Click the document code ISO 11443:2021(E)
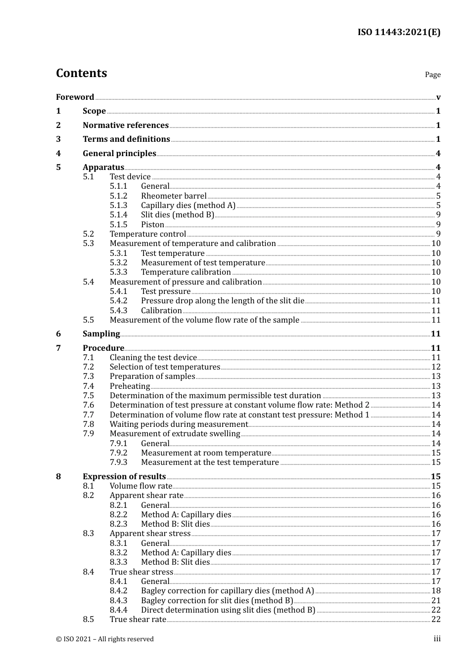399,33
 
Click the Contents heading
81,73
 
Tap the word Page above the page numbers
432,75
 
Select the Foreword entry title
75,97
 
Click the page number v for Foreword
438,97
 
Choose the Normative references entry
126,125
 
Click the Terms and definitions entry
126,139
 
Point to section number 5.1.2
118,196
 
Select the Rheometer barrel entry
174,196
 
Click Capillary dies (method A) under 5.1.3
188,206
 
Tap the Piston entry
152,225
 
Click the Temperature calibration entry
186,272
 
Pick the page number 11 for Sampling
435,334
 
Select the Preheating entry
130,386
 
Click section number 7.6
88,405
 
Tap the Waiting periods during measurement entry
179,424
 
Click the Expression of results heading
124,477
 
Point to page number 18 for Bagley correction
436,591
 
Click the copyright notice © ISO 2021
105,639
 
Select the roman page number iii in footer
437,639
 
